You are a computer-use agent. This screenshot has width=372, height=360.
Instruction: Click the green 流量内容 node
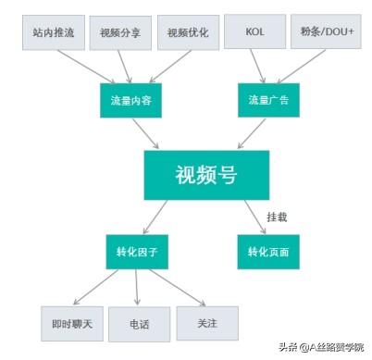(x=132, y=100)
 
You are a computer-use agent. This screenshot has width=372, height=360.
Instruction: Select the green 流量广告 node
(x=269, y=100)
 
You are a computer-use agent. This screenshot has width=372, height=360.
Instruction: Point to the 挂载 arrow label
(x=277, y=217)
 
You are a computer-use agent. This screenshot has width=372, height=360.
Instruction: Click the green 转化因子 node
(x=136, y=251)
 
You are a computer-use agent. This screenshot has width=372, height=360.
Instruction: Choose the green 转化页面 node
(x=269, y=251)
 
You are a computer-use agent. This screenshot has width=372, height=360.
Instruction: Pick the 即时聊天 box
(x=72, y=325)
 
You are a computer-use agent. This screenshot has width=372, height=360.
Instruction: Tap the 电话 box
(x=139, y=325)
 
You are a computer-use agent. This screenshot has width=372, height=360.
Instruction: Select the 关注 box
(x=207, y=323)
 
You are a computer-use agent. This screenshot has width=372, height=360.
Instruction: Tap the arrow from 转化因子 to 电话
(x=137, y=287)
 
